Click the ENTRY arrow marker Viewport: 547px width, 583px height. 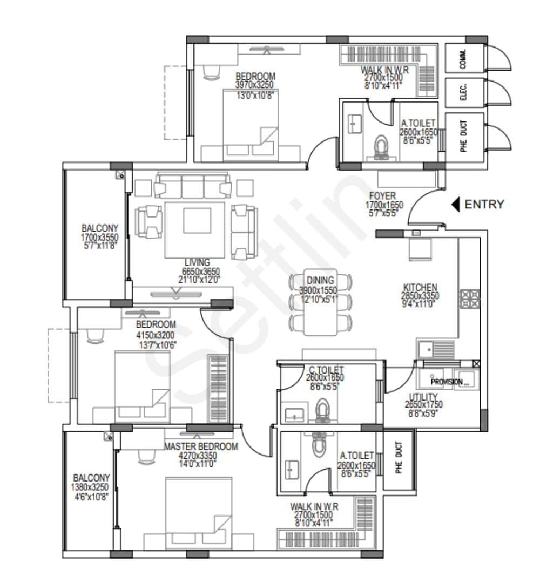click(x=455, y=205)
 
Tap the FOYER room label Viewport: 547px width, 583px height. click(x=382, y=196)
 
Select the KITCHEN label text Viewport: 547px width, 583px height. click(x=420, y=288)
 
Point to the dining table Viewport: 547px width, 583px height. click(x=321, y=302)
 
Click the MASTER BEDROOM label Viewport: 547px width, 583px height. click(x=201, y=446)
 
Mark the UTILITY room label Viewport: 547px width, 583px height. click(x=420, y=396)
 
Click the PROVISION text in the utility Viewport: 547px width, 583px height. click(x=447, y=382)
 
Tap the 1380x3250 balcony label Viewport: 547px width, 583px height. click(x=91, y=487)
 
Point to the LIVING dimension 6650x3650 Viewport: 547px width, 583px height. click(x=201, y=271)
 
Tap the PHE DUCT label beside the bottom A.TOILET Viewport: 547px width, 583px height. click(x=399, y=458)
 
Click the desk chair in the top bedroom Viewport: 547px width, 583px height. click(x=212, y=71)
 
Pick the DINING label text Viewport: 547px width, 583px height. click(x=320, y=281)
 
